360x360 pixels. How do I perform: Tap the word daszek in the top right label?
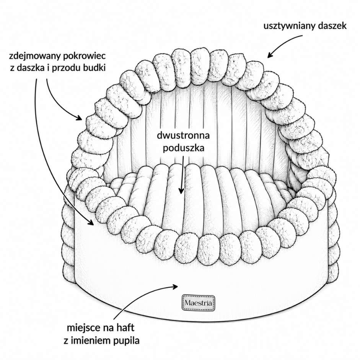point(332,26)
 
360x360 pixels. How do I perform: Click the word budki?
point(94,68)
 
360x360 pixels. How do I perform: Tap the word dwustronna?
point(183,135)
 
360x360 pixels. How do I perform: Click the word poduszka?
point(184,148)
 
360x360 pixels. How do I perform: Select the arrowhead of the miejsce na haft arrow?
point(175,286)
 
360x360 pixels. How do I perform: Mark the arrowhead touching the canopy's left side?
point(79,118)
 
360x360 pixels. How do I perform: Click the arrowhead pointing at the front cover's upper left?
point(91,222)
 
